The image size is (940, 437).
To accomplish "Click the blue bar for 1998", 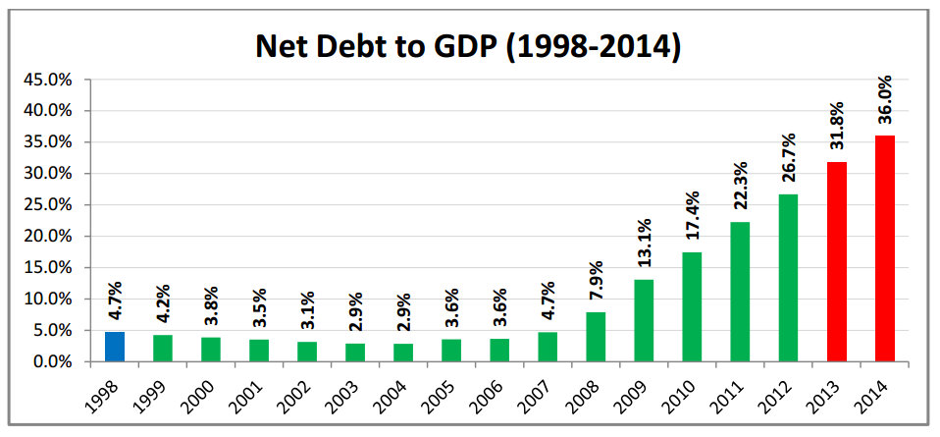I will coord(115,347).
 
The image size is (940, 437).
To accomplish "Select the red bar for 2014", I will coord(885,248).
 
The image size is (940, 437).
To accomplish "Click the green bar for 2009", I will coord(644,320).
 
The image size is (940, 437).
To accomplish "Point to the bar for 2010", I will coord(692,306).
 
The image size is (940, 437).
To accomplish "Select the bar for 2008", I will coord(596,337).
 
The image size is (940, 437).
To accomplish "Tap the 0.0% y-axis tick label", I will coord(52,362).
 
